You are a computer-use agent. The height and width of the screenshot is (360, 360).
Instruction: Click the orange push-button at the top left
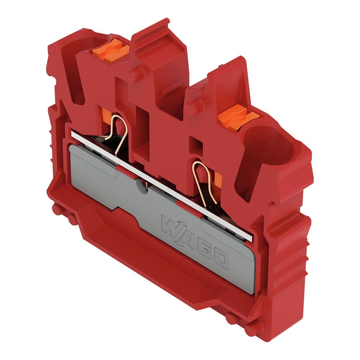coord(111,51)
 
